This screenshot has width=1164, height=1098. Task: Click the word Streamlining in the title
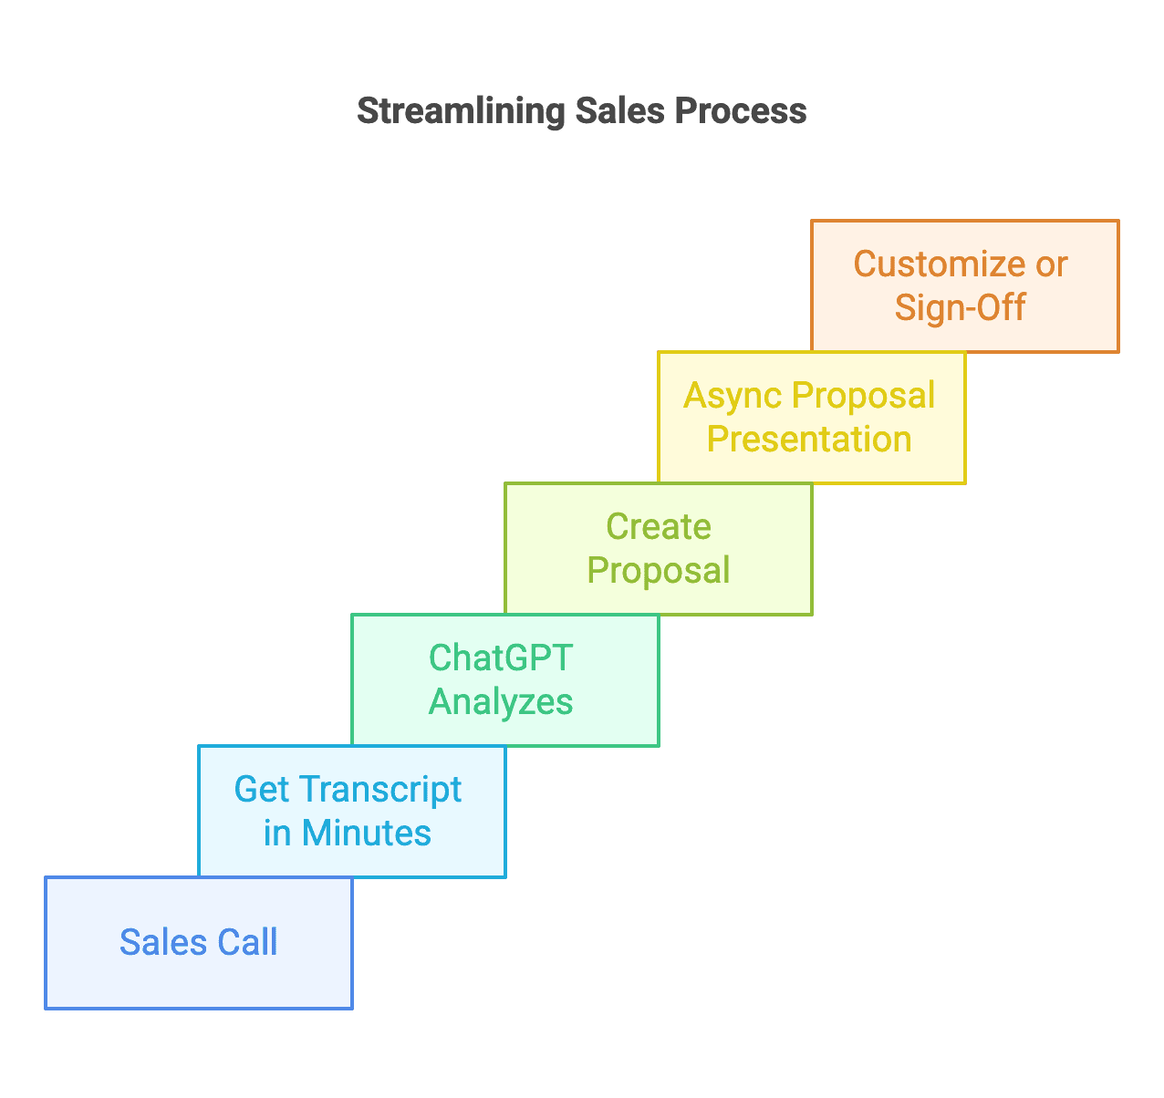pyautogui.click(x=462, y=112)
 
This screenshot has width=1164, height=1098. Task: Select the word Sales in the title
pyautogui.click(x=620, y=110)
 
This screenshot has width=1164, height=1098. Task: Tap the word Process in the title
pyautogui.click(x=741, y=110)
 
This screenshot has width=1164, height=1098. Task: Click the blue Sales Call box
pyautogui.click(x=199, y=943)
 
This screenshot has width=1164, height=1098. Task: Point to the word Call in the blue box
pyautogui.click(x=246, y=942)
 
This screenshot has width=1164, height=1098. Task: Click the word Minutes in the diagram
pyautogui.click(x=367, y=833)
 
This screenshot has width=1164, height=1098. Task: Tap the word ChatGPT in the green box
pyautogui.click(x=501, y=658)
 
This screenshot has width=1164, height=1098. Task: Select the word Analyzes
pyautogui.click(x=501, y=703)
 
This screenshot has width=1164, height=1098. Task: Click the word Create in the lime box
pyautogui.click(x=659, y=526)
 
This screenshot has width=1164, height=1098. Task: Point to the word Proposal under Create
pyautogui.click(x=659, y=572)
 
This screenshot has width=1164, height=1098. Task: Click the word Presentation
pyautogui.click(x=809, y=439)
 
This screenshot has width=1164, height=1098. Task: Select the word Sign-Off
pyautogui.click(x=960, y=309)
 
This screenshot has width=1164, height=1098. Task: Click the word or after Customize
pyautogui.click(x=1052, y=265)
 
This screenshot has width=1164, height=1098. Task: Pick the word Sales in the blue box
pyautogui.click(x=163, y=942)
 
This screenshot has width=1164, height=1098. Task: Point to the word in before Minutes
pyautogui.click(x=277, y=834)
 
